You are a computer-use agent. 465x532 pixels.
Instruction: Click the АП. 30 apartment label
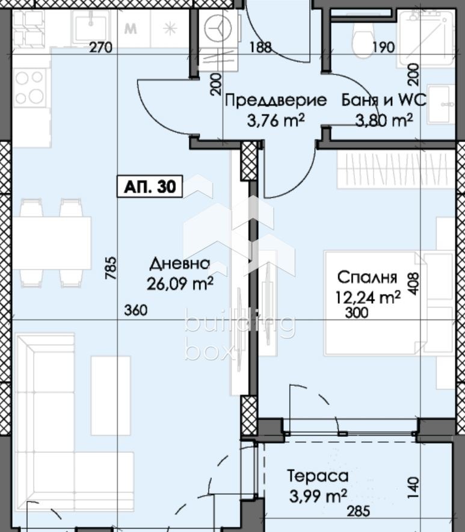coord(150,187)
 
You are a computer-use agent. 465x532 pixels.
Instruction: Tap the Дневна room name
coord(179,264)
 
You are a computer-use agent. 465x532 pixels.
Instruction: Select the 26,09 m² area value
coord(179,283)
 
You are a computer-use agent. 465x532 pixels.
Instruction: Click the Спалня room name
coord(366,277)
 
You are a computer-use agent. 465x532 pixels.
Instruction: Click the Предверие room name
coord(276,100)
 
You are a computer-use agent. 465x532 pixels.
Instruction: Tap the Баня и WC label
coord(384,100)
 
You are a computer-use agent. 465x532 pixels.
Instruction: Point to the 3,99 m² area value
coord(317,495)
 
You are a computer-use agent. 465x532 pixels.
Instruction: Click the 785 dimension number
coord(110,268)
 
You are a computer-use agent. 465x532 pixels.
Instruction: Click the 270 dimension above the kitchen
coord(101,48)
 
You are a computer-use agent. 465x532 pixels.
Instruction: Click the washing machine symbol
coord(217,28)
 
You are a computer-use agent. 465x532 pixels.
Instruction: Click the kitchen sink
coord(90,26)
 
